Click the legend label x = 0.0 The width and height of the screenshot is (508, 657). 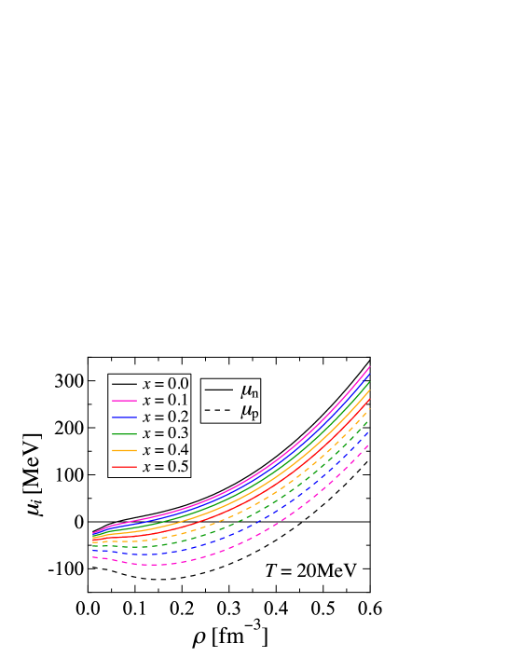(165, 384)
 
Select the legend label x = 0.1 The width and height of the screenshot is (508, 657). (165, 401)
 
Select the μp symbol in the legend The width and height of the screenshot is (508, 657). (248, 411)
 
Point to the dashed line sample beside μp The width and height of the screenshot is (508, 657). (217, 410)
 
